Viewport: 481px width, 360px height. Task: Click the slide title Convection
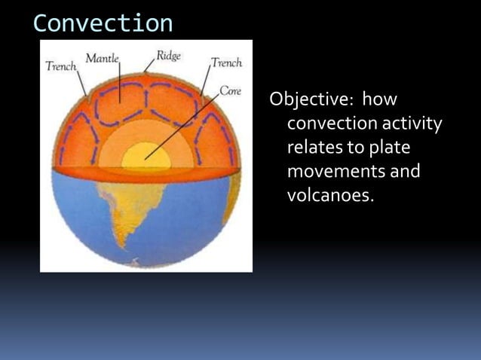pos(103,23)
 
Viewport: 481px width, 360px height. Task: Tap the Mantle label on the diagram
pos(103,58)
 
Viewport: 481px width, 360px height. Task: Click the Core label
pos(230,91)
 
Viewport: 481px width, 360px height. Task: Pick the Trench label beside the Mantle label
pos(61,66)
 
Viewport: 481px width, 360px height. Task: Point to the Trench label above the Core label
pos(226,63)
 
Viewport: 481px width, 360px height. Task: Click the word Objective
pos(308,100)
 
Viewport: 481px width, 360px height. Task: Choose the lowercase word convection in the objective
pos(332,124)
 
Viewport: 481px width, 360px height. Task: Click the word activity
pos(413,124)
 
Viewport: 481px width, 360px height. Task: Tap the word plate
pos(388,148)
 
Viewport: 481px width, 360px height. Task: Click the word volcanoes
pos(329,196)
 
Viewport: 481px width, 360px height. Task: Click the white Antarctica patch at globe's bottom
pos(136,263)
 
